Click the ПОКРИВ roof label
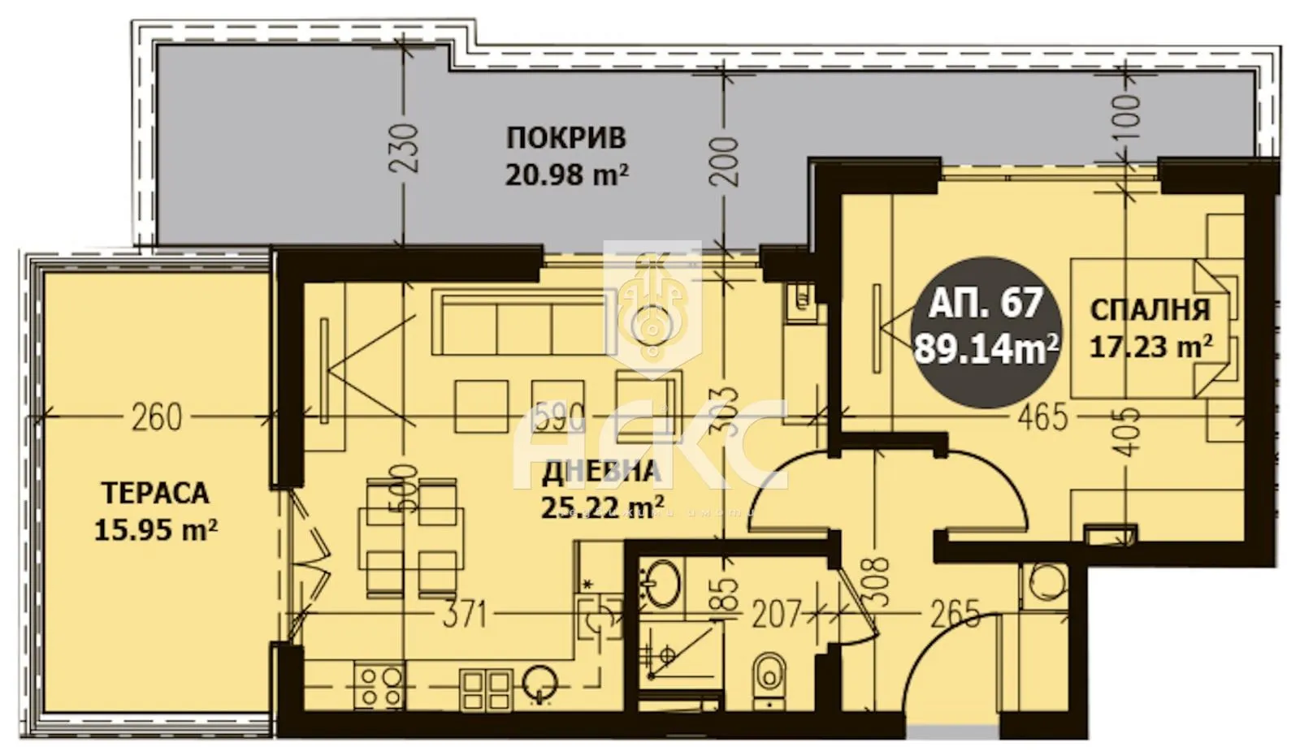tap(566, 138)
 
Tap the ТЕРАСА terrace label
tap(155, 493)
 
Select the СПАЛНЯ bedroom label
tap(1149, 309)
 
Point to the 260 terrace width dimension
tap(156, 418)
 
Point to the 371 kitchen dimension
tap(463, 615)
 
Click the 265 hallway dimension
tap(955, 615)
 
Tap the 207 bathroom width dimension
tap(777, 615)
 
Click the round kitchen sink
tap(539, 680)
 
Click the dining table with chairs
tap(413, 536)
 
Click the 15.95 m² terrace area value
tap(155, 531)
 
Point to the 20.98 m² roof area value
tap(566, 175)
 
